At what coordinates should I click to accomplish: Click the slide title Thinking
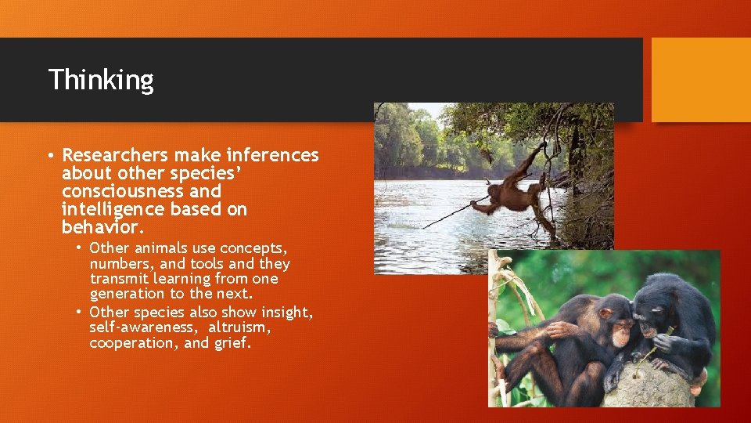101,79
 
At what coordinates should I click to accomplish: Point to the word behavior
102,227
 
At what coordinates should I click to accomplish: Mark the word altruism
239,327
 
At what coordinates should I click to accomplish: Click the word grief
232,343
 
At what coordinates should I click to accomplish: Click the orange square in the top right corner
701,79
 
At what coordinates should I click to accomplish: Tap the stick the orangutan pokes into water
450,216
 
